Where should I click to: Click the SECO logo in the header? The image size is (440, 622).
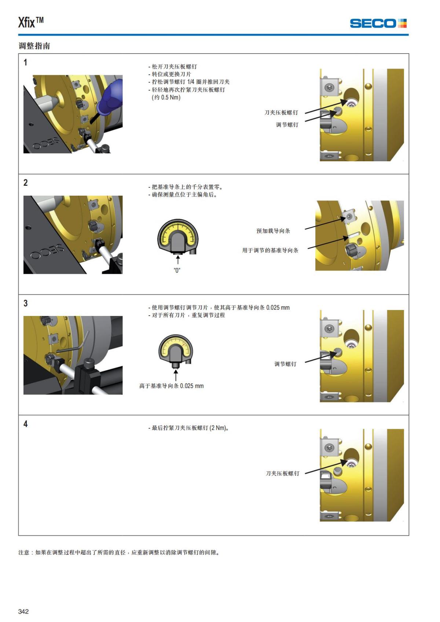pos(378,23)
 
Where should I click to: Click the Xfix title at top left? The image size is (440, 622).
pos(31,22)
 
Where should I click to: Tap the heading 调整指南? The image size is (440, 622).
pos(34,46)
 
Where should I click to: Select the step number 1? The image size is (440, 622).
pos(25,62)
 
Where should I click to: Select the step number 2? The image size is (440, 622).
pos(25,183)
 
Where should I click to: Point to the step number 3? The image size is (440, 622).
pos(25,303)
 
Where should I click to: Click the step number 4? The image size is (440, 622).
pos(25,424)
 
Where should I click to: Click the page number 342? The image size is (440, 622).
pos(23,611)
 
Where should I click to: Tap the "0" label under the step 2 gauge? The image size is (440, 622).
pos(177,270)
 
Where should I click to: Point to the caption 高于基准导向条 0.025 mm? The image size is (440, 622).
pos(171,386)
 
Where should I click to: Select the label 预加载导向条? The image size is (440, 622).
pos(273,231)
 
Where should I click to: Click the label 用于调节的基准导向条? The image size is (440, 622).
pos(270,250)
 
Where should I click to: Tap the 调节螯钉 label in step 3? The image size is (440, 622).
pos(285,364)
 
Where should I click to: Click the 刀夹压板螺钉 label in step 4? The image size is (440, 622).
pos(283,474)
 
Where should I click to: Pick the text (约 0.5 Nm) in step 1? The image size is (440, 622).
pos(166,97)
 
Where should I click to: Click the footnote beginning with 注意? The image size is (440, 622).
pos(119,552)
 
